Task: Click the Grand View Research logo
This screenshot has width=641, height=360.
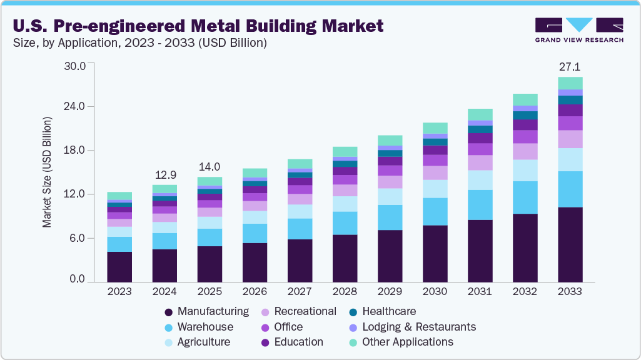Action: point(579,29)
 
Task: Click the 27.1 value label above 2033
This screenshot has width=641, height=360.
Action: point(570,66)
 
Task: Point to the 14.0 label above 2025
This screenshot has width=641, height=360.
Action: point(209,166)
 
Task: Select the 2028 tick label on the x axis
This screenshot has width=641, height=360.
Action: point(345,292)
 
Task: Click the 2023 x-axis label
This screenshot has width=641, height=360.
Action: point(119,292)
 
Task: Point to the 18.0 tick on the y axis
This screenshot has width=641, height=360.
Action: point(81,151)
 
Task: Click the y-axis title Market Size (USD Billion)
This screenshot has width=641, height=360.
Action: point(48,171)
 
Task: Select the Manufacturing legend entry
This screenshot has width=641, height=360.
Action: point(213,311)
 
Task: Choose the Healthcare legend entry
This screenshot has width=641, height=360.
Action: point(388,311)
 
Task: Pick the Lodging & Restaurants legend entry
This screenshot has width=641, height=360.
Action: point(418,327)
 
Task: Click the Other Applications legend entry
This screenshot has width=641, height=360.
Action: point(407,342)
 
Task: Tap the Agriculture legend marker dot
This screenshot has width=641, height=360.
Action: point(168,342)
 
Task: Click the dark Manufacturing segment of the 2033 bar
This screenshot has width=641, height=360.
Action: point(570,244)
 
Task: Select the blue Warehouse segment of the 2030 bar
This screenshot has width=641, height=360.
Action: point(435,211)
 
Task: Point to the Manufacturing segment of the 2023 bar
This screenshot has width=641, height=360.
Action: point(119,266)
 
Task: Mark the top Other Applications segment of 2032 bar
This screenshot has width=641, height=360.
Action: point(525,99)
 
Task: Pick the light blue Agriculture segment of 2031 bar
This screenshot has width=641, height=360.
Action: point(480,180)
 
